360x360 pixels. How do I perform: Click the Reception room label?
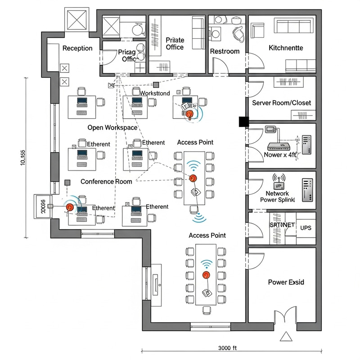pos(77,48)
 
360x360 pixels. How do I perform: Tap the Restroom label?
pos(225,51)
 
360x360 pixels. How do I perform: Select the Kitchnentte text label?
pos(286,48)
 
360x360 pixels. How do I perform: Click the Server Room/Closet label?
pos(281,103)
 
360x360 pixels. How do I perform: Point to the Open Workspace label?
pos(112,128)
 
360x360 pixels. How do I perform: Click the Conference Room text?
pos(106,181)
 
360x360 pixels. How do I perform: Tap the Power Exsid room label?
pos(286,282)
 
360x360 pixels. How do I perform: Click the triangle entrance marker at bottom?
pos(285,337)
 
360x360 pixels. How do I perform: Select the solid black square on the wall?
pos(243,121)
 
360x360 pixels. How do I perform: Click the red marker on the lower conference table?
pos(206,274)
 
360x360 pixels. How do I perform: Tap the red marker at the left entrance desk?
pos(70,207)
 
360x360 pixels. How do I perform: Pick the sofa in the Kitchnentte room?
pos(282,30)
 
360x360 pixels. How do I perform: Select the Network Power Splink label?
pos(277,196)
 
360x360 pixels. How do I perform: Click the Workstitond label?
pos(155,93)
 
